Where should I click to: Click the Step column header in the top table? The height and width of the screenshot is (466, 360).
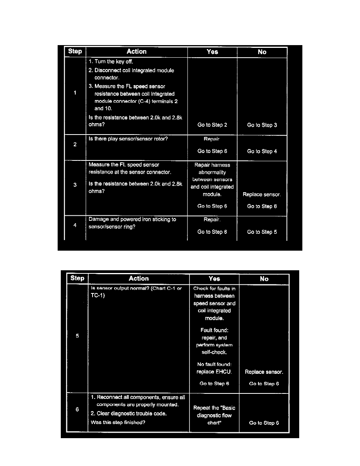click(x=75, y=51)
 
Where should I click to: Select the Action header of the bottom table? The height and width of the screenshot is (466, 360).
click(x=139, y=279)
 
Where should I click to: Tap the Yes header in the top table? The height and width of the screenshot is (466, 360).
click(x=212, y=51)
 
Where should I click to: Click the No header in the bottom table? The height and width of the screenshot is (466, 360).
click(x=264, y=279)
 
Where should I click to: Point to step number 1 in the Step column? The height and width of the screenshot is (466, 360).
click(x=75, y=93)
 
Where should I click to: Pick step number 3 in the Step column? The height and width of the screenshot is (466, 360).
click(x=75, y=185)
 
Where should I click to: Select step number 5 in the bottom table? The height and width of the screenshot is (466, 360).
click(x=77, y=336)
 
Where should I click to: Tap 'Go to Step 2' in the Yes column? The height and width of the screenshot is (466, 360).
click(x=212, y=125)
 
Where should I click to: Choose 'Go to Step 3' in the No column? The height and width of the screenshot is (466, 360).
click(x=262, y=125)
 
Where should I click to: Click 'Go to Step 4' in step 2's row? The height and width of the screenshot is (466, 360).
click(x=262, y=151)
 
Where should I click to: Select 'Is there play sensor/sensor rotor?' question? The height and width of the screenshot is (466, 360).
click(x=128, y=138)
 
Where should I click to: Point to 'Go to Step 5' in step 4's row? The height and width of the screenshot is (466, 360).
click(x=262, y=232)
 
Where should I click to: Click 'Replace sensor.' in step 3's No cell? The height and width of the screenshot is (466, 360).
click(x=262, y=195)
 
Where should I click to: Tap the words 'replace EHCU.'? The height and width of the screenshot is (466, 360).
click(x=214, y=372)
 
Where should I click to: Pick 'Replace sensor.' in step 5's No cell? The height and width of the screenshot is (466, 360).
click(x=264, y=372)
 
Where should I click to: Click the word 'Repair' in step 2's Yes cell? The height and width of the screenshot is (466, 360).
click(x=212, y=139)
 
